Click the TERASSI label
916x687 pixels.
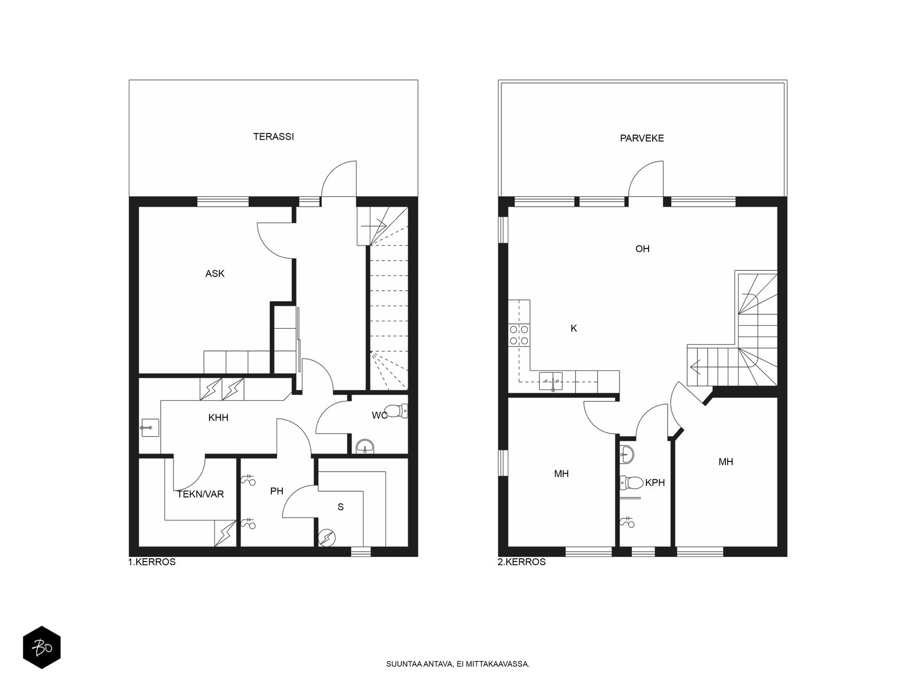273,136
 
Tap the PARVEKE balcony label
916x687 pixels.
641,138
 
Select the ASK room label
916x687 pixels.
215,274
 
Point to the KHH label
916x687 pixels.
218,417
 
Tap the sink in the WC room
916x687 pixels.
366,447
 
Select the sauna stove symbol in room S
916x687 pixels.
326,538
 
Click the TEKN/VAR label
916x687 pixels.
200,494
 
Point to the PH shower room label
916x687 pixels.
277,491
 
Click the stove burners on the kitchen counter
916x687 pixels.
519,335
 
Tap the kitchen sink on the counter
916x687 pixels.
550,381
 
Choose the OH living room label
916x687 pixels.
642,248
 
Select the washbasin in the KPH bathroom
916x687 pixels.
627,454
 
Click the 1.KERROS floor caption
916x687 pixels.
152,562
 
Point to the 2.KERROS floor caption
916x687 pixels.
522,562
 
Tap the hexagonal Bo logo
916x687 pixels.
42,647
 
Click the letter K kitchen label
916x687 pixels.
574,328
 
